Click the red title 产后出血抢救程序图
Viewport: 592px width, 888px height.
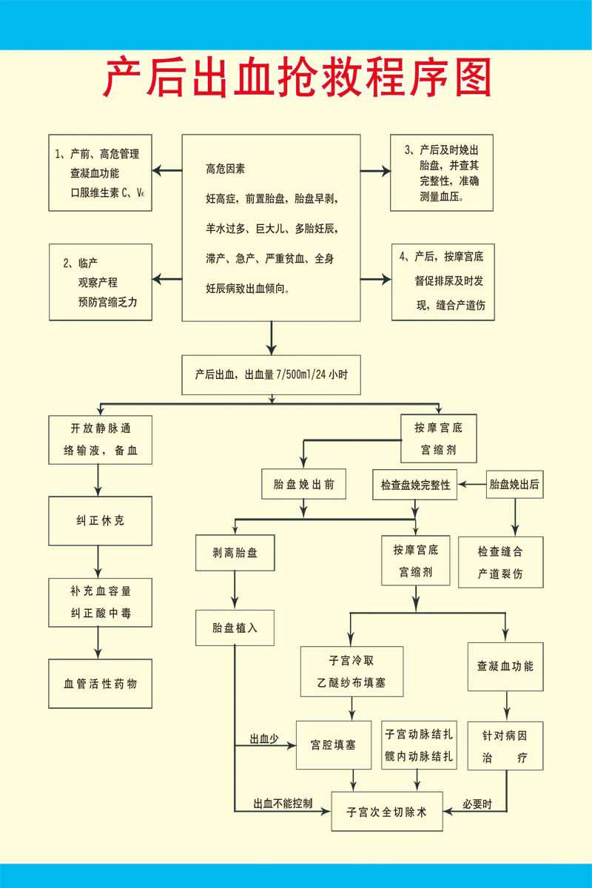(296, 78)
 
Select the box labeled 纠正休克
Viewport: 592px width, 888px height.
(100, 521)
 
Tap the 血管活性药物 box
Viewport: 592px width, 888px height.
(100, 684)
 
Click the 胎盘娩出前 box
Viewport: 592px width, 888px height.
(303, 485)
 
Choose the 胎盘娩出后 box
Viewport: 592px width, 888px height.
(514, 485)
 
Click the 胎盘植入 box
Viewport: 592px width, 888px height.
(234, 627)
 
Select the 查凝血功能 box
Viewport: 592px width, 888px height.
(505, 665)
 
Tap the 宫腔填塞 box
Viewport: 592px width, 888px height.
(333, 744)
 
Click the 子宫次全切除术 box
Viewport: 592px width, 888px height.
(387, 811)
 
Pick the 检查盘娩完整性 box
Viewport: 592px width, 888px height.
(414, 485)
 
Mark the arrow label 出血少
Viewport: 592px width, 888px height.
(263, 739)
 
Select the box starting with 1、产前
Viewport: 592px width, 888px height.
(100, 173)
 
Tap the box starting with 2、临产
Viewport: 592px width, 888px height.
(100, 282)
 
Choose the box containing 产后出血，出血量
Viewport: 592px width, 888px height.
(272, 375)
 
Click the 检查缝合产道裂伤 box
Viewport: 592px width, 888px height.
(500, 562)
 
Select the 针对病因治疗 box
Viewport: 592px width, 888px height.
(505, 746)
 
